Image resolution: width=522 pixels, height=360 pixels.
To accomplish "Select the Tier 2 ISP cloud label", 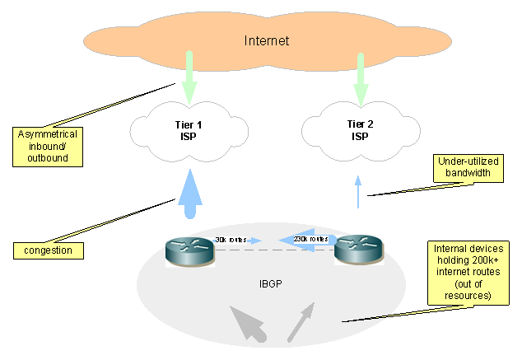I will point(359,130).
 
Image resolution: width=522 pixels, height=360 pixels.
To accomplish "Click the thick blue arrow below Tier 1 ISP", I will point(189,194).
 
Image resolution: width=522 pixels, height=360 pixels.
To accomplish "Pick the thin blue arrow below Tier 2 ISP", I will point(358,193).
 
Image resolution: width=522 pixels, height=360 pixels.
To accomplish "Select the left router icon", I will point(189,250).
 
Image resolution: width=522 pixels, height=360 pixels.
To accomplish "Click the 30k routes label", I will point(231,239).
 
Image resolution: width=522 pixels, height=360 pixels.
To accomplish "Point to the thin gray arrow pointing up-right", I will point(301,321).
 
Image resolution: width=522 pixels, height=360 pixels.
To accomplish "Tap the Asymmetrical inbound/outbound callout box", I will point(49,146).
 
